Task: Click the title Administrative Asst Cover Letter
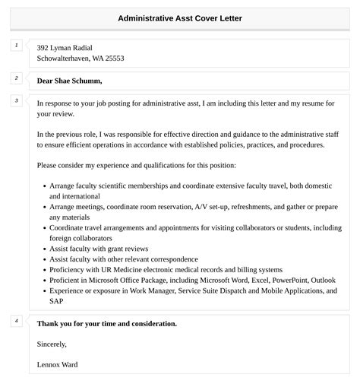(x=180, y=17)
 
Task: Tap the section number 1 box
(x=17, y=46)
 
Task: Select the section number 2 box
(x=17, y=78)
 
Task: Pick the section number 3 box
(x=17, y=101)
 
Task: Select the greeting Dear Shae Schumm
(x=69, y=81)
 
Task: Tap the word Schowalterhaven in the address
(x=65, y=59)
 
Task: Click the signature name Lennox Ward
(x=57, y=364)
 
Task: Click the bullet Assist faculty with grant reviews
(x=99, y=249)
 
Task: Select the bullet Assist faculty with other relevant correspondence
(x=124, y=259)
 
